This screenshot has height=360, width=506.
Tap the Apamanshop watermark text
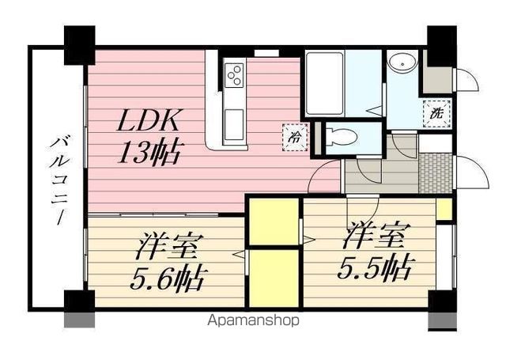point(253,321)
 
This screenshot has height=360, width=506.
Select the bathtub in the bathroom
point(324,83)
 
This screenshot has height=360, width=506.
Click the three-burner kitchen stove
point(235,75)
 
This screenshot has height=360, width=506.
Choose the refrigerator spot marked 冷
point(292,135)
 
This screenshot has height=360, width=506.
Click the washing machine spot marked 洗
point(436,113)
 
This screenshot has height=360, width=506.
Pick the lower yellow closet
point(274,278)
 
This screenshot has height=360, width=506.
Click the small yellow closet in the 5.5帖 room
point(444,210)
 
